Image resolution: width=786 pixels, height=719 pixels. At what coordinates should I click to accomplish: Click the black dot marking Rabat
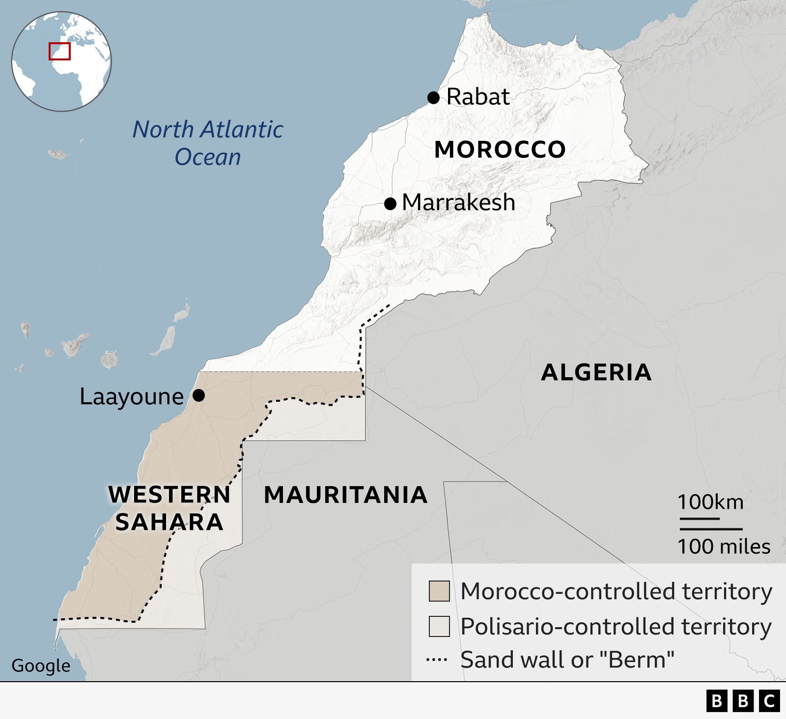(x=433, y=98)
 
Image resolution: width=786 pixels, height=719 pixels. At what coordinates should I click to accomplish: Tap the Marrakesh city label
(x=458, y=202)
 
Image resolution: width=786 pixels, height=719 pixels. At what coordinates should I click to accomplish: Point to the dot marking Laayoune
(x=198, y=395)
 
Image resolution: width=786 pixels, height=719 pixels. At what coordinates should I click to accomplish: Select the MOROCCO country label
(x=500, y=149)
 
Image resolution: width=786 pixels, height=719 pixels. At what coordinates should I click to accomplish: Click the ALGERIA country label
(x=596, y=372)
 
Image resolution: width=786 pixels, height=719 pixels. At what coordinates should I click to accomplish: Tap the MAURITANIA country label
(x=345, y=495)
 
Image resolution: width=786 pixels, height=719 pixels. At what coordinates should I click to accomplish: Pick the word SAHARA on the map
(x=169, y=522)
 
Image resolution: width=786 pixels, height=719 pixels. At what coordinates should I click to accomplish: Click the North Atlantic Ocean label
(x=208, y=143)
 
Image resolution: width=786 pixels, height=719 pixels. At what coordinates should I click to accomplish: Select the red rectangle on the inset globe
(x=59, y=51)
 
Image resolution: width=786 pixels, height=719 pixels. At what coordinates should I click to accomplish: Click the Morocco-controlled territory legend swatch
(x=439, y=591)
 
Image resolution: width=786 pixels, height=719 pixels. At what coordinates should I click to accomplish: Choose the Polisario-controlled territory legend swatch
(x=439, y=626)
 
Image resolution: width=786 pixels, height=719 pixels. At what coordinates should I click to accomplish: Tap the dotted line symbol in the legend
(x=437, y=660)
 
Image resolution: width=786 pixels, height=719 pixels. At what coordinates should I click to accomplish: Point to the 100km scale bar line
(x=700, y=519)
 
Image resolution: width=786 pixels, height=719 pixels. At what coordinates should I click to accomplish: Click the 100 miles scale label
(x=724, y=546)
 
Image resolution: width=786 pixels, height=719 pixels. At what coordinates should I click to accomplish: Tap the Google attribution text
(x=41, y=665)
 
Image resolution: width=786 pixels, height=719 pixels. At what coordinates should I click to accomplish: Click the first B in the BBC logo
(x=717, y=701)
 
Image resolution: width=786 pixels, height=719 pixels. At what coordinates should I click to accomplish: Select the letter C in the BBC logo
(x=769, y=701)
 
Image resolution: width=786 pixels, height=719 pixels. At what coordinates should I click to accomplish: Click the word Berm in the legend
(x=641, y=660)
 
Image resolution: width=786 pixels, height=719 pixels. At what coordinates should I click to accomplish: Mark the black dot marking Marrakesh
(x=390, y=203)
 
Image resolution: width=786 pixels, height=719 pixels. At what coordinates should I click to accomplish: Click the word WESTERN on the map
(x=169, y=495)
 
